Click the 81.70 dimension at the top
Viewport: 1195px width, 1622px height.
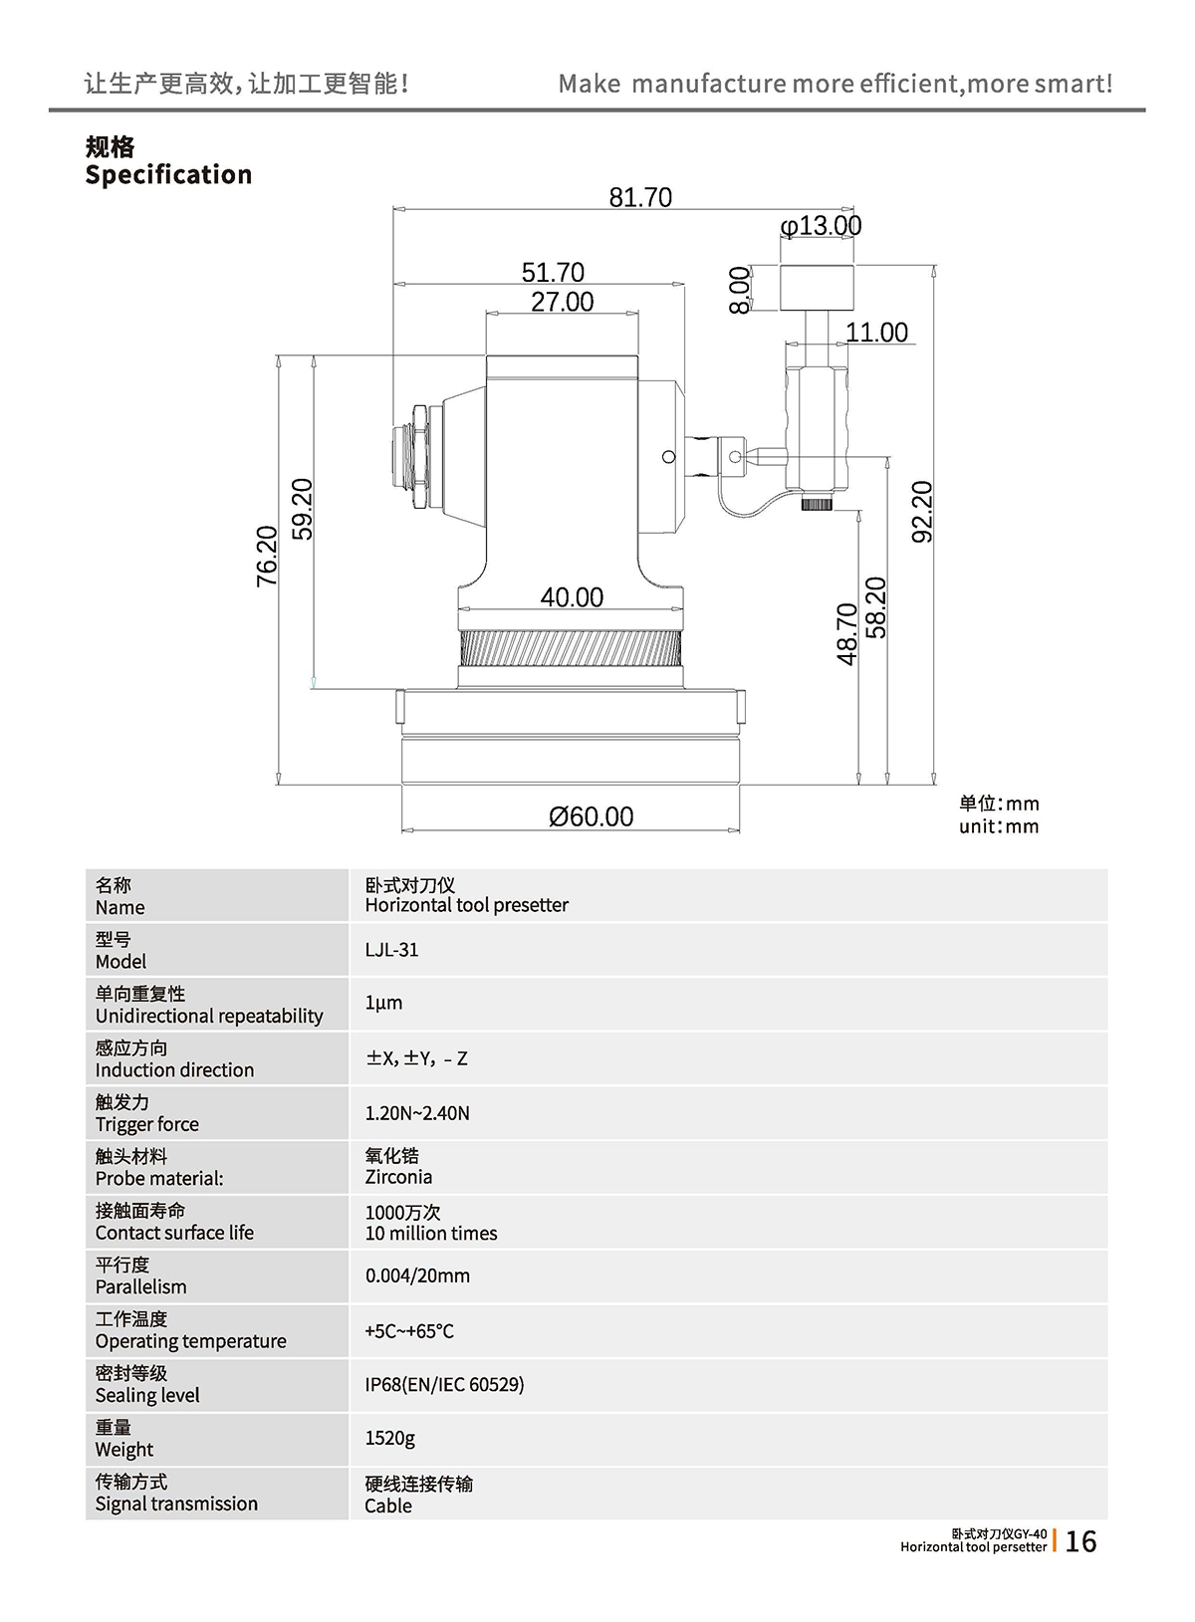640,197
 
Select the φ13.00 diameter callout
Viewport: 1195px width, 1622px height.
821,226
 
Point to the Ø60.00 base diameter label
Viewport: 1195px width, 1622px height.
591,816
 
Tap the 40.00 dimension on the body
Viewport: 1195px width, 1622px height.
572,597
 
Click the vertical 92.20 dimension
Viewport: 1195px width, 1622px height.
922,512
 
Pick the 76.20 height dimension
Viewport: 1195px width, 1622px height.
267,556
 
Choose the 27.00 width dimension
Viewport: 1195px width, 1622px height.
562,302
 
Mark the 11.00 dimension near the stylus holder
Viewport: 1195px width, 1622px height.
876,333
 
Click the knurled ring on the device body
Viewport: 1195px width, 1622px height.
571,648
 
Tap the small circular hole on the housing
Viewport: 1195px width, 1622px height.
668,457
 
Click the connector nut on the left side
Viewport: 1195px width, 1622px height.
419,458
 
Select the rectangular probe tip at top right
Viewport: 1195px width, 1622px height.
817,288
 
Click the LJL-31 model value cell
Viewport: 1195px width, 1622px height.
391,950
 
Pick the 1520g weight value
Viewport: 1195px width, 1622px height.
389,1438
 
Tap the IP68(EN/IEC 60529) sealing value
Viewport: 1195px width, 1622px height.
444,1384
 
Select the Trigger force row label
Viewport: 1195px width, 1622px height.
146,1124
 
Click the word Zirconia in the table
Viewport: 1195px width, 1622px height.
398,1177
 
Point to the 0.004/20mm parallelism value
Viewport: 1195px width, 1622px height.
417,1275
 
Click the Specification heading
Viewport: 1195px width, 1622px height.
168,175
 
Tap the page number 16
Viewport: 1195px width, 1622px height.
1080,1541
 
